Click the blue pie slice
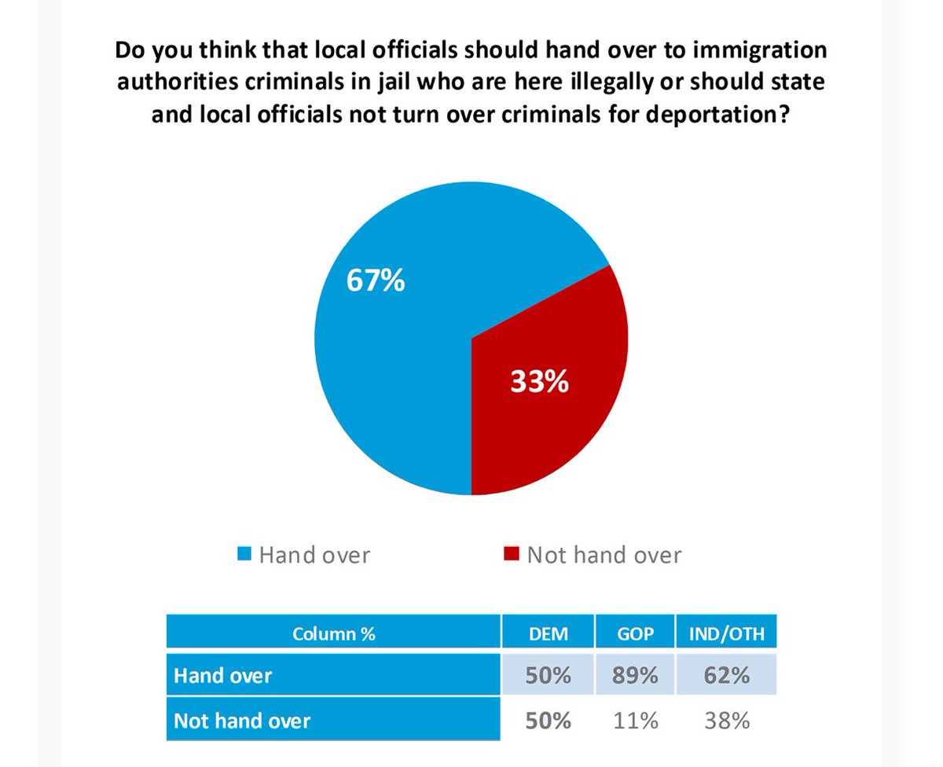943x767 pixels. coord(393,377)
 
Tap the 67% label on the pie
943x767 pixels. coord(376,281)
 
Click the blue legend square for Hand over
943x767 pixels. coord(244,556)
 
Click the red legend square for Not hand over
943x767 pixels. coord(512,556)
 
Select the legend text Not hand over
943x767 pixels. coord(604,556)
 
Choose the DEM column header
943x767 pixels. coord(548,633)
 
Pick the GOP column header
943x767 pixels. coord(635,633)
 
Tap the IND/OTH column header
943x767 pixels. coord(726,633)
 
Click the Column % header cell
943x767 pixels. coord(333,633)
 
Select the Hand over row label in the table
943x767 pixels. coord(224,676)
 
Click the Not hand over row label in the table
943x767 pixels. coord(243,720)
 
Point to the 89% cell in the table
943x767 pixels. coord(635,676)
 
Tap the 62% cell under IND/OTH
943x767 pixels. coord(726,676)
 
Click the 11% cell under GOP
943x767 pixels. coord(635,720)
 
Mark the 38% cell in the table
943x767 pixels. coord(726,720)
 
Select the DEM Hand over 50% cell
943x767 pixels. coord(548,676)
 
